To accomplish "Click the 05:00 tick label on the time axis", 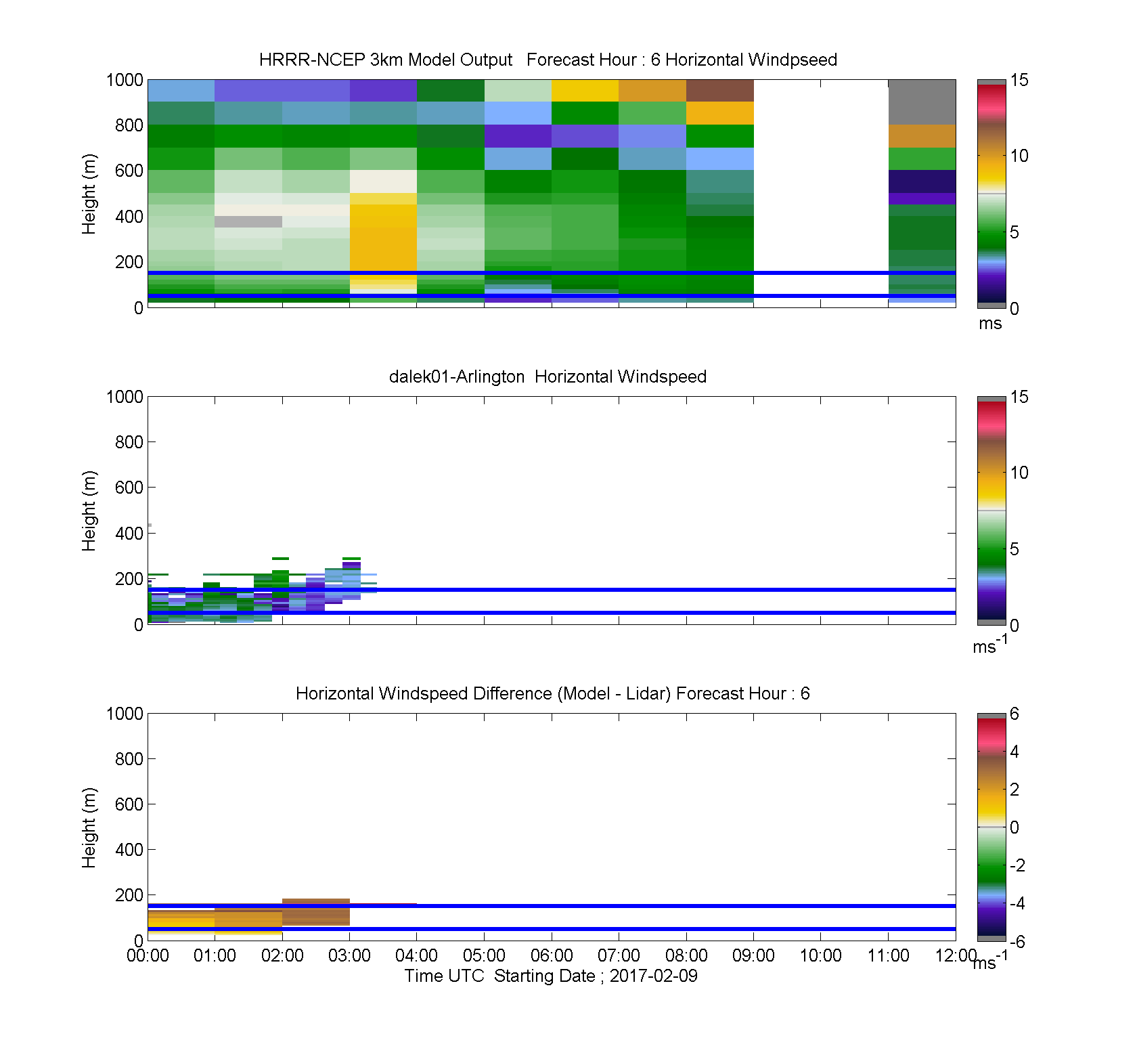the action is click(484, 955).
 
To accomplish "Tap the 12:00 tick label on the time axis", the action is click(956, 955).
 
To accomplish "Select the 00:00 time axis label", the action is click(148, 955).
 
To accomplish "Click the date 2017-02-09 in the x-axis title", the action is click(653, 976).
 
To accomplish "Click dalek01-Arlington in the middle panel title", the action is click(457, 376).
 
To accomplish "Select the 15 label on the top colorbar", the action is click(1019, 80).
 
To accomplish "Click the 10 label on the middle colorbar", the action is click(1019, 473).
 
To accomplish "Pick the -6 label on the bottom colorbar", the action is click(1017, 942).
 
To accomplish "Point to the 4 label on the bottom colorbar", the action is click(1015, 752).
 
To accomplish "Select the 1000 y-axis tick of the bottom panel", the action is click(125, 714).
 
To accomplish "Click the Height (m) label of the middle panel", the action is click(89, 511).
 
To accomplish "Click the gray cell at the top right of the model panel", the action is click(922, 102).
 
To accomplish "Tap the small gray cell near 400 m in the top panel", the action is click(248, 221).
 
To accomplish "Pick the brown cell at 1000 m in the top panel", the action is click(720, 91).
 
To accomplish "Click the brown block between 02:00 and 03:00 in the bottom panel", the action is click(316, 912).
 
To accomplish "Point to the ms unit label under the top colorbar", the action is click(990, 324).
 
